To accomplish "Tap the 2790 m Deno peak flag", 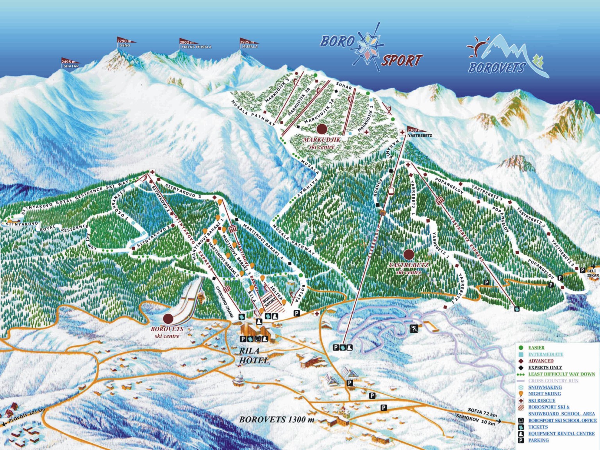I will click(126, 40).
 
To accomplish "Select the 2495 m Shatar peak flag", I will click(70, 62).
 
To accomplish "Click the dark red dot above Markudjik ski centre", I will click(322, 129).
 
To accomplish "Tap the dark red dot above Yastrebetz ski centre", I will click(409, 255).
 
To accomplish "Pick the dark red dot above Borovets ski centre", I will click(168, 318).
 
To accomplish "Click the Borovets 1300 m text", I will click(277, 420).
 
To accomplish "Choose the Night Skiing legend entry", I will click(545, 394).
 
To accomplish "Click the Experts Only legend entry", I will click(545, 368).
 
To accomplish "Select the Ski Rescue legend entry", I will click(541, 400).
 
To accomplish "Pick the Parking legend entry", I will click(538, 440).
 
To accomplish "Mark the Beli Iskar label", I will click(592, 273).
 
